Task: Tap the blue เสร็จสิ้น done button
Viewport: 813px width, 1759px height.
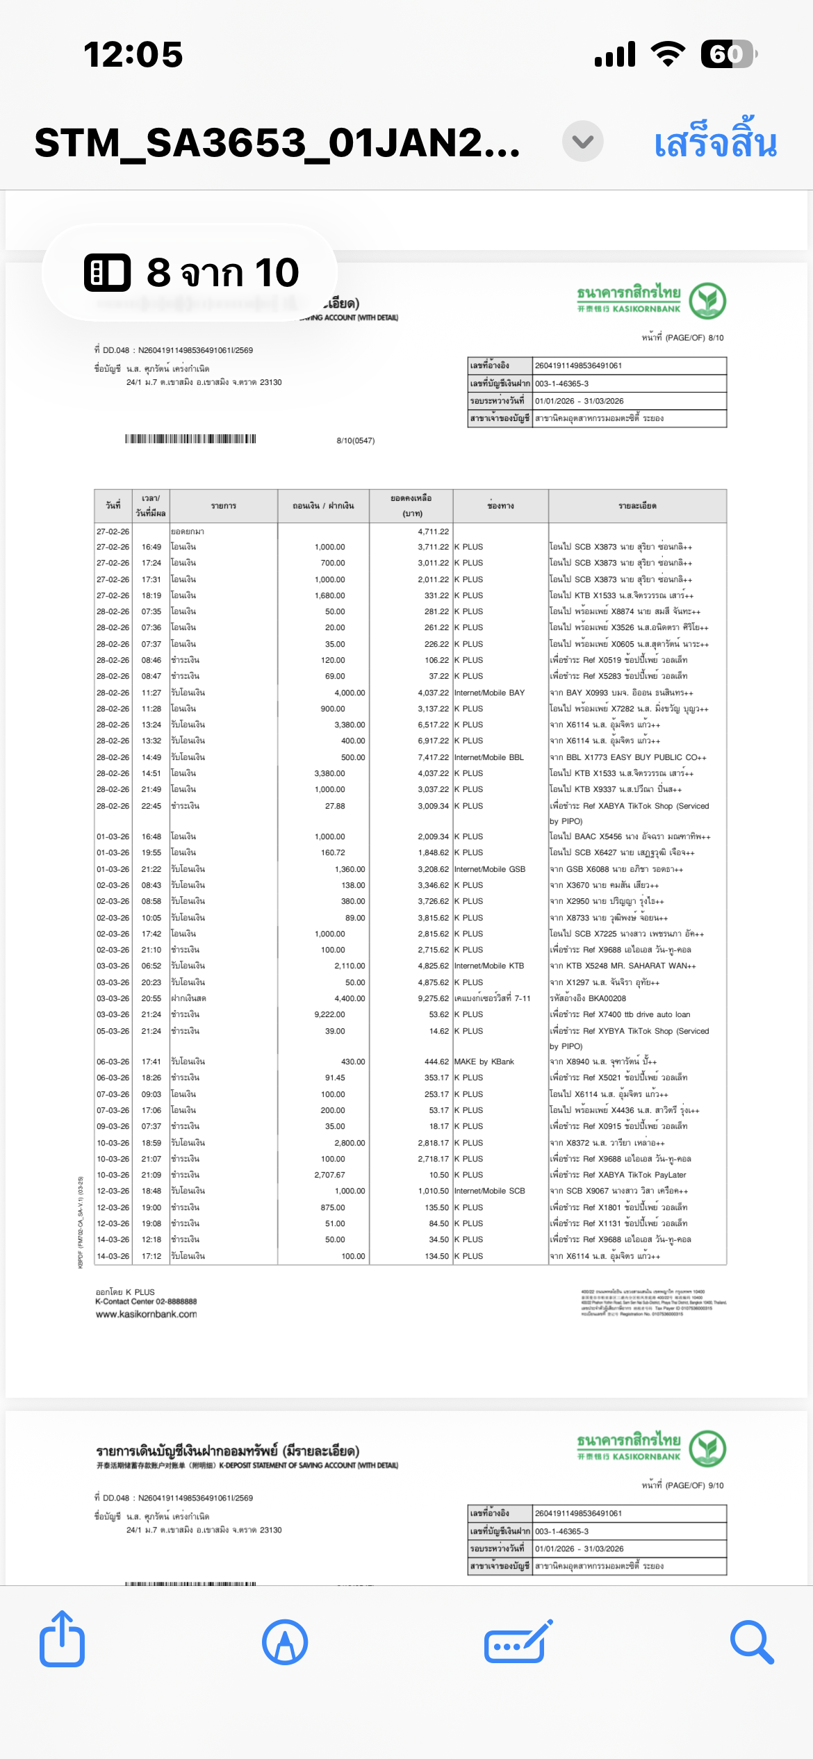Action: coord(715,142)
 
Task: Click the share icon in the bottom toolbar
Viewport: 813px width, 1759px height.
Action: coord(63,1641)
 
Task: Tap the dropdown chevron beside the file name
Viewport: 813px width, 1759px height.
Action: coord(582,142)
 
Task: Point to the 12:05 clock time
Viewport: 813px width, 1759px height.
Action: coord(133,55)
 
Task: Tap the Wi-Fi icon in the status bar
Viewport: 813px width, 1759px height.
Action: coord(668,53)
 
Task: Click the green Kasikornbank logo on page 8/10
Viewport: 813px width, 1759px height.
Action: coord(707,301)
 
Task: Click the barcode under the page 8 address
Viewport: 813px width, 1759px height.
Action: coord(190,439)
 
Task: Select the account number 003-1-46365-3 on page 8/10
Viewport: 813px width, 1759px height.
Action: coord(561,383)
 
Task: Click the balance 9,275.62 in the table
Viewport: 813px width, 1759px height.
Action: coord(433,998)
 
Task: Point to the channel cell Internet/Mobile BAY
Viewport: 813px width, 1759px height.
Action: coord(489,693)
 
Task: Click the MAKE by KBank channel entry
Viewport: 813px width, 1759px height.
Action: coord(484,1062)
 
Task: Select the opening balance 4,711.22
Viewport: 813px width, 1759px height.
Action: coord(433,531)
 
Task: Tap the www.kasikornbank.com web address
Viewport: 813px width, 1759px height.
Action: coord(146,1314)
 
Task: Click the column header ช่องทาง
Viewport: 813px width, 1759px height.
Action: coord(500,506)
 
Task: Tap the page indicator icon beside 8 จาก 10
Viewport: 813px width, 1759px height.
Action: coord(107,272)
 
